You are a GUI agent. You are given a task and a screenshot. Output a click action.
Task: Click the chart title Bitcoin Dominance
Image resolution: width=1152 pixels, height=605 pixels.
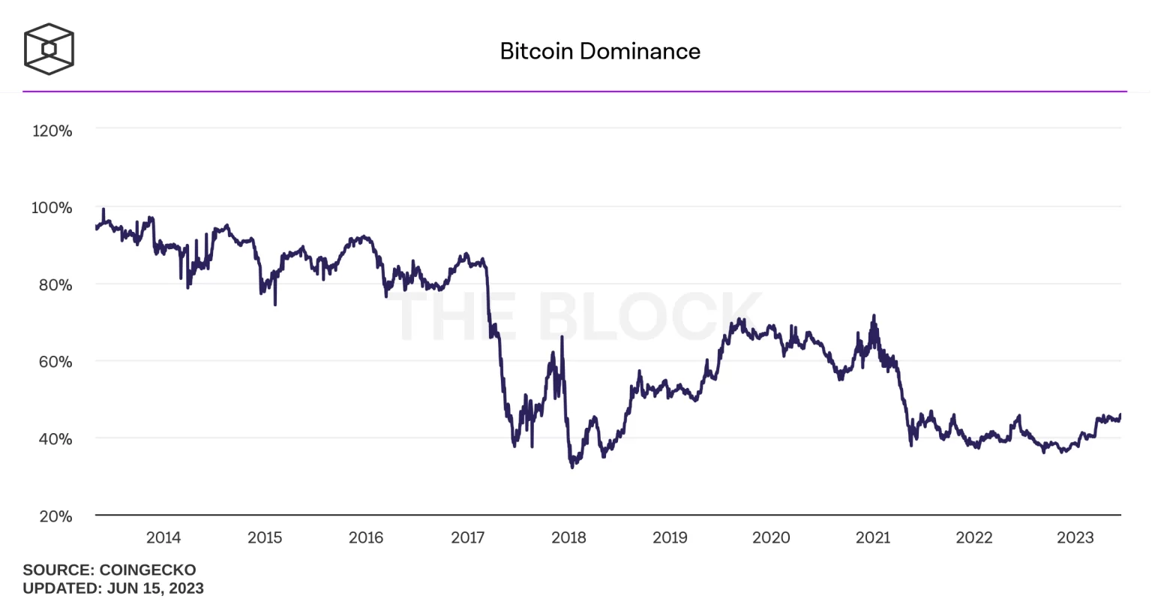click(x=600, y=51)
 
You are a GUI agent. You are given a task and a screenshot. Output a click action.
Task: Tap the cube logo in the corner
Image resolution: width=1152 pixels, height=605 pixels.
click(x=49, y=49)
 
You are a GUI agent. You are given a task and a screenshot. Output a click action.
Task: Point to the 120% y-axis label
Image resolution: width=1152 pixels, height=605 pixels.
click(x=52, y=131)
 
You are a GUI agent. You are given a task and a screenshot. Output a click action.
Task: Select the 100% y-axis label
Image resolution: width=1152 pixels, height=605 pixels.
click(x=52, y=208)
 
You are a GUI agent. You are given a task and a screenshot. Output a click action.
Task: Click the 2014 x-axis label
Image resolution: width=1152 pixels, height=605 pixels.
click(x=163, y=537)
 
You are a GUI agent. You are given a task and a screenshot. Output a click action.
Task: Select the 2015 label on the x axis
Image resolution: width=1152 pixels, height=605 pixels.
click(x=265, y=537)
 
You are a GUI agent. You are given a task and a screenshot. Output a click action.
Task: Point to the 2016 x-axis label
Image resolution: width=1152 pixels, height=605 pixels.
click(x=366, y=537)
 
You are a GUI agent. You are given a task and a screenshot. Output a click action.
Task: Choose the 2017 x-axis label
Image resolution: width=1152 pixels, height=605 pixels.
click(x=468, y=537)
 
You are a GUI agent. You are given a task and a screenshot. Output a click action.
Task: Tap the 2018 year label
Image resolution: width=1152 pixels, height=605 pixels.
click(x=568, y=537)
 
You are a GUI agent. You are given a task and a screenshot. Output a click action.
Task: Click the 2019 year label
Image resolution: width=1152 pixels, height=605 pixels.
click(x=670, y=537)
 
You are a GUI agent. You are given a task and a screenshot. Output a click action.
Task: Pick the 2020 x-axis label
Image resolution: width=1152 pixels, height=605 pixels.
click(x=771, y=537)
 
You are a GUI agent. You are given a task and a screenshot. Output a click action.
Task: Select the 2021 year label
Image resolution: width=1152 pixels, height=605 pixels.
click(x=873, y=537)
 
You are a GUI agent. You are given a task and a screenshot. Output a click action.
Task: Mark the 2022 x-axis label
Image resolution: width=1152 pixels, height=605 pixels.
click(x=974, y=537)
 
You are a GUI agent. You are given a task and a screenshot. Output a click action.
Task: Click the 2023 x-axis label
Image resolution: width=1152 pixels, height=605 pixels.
click(x=1075, y=537)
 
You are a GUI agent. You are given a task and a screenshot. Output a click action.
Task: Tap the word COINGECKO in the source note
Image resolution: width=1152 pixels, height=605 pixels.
click(x=148, y=570)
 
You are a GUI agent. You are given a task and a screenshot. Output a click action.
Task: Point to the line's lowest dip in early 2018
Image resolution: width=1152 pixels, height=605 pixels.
click(x=572, y=467)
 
